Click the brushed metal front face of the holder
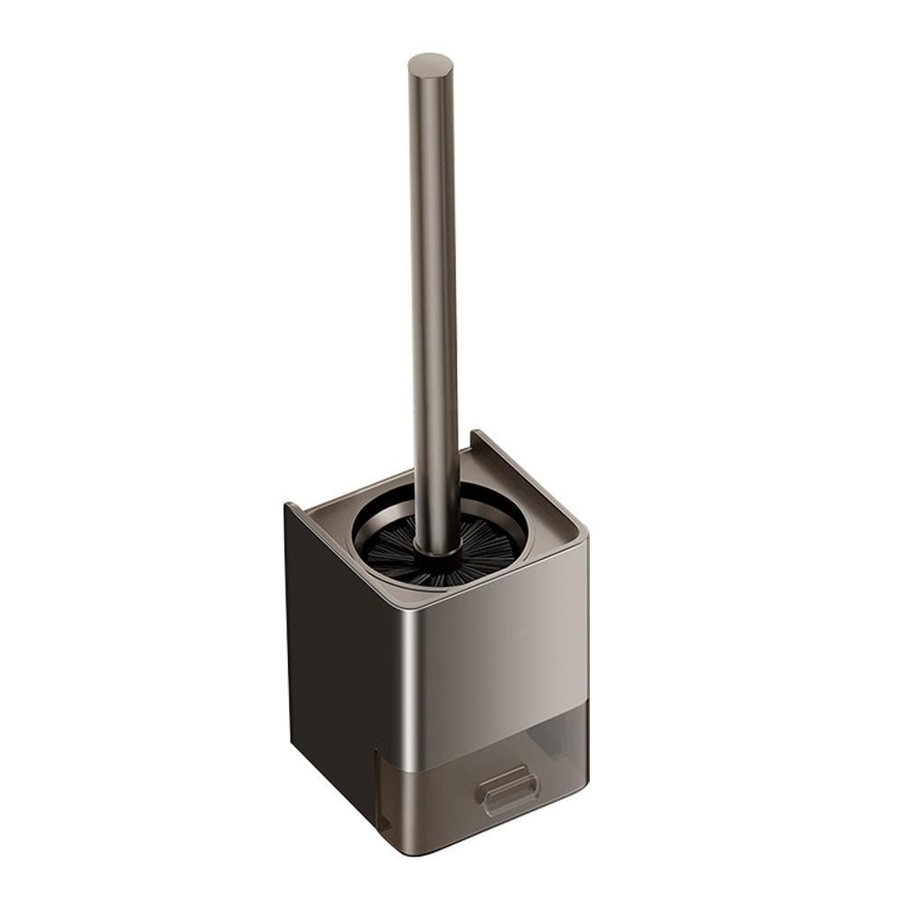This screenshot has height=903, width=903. [x=506, y=650]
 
